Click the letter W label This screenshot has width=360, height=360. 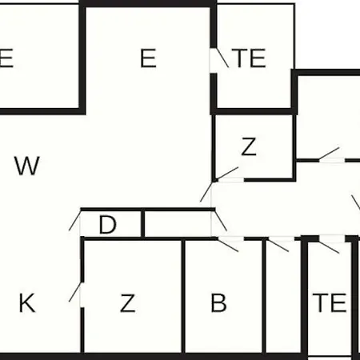[27, 166]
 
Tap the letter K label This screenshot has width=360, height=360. [27, 302]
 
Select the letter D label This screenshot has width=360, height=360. [107, 224]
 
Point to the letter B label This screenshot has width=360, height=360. [218, 302]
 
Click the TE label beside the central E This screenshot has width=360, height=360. [249, 58]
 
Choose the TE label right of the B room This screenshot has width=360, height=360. [330, 302]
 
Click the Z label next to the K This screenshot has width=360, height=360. [128, 303]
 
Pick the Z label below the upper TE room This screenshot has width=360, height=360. [249, 146]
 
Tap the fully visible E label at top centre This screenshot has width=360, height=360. [148, 58]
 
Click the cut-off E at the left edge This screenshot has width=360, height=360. [6, 58]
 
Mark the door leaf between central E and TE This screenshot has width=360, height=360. [222, 58]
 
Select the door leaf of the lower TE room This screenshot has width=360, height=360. [329, 247]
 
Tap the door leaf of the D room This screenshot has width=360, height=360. [74, 221]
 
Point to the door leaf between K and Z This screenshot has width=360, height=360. [75, 292]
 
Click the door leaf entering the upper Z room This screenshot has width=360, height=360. [226, 173]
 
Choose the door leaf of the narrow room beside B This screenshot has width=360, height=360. [278, 246]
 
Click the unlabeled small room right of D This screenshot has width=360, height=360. [178, 224]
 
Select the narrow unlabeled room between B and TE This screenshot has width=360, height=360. [283, 296]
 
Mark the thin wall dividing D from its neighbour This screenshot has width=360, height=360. [142, 223]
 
